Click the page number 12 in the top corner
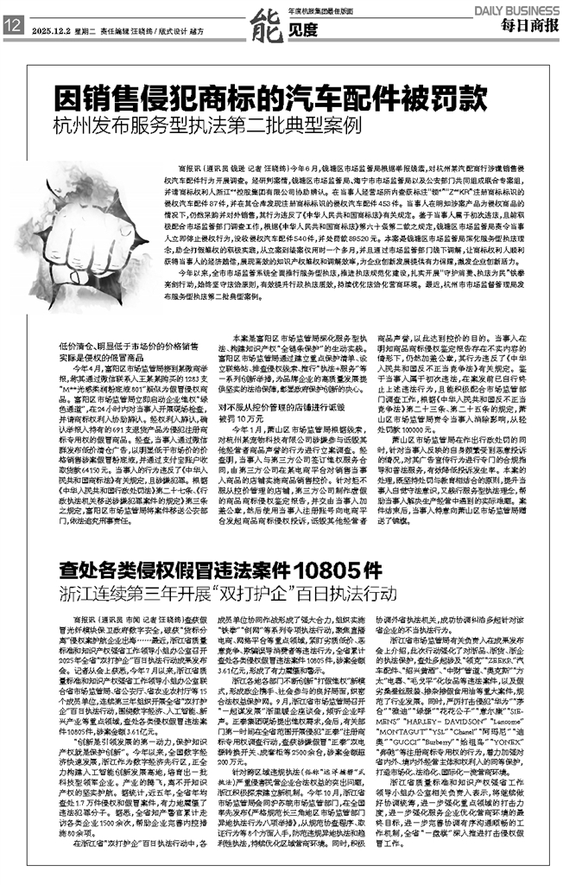pyautogui.click(x=13, y=27)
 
